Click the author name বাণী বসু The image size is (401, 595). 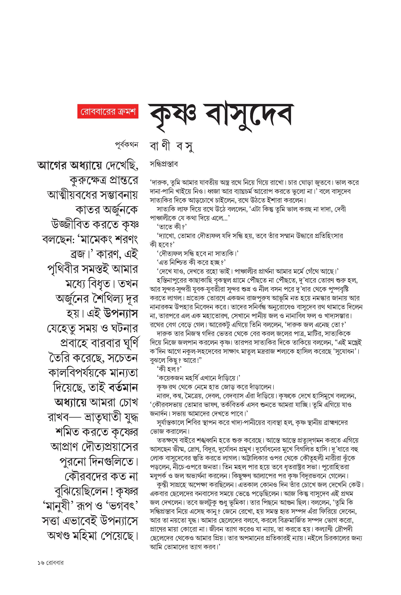pyautogui.click(x=172, y=147)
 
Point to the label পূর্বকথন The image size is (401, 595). pyautogui.click(x=126, y=145)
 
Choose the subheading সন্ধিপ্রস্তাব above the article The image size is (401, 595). pyautogui.click(x=164, y=164)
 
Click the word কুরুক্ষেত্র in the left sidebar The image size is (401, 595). pyautogui.click(x=87, y=181)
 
